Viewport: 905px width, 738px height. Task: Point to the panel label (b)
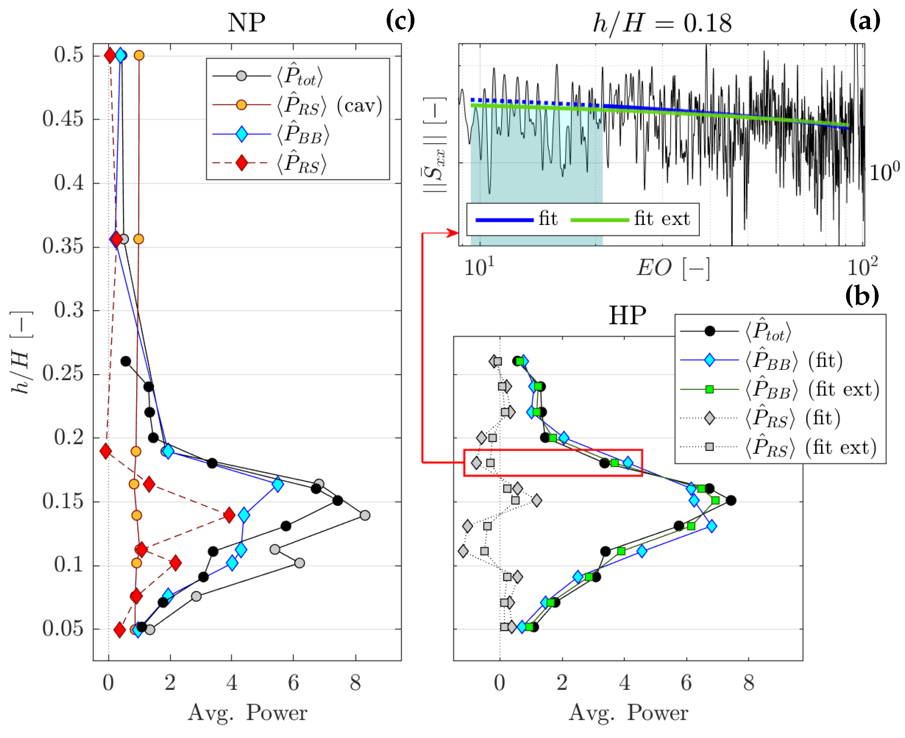tap(862, 295)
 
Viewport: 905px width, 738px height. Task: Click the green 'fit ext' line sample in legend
tap(599, 220)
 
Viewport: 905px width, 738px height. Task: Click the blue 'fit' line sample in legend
tap(504, 220)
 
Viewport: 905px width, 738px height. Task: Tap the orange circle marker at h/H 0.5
tap(139, 55)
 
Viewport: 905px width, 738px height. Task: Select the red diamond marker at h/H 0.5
tap(110, 55)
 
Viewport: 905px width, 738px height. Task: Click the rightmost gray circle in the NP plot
tap(364, 515)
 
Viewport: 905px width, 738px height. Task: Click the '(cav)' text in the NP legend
tap(359, 106)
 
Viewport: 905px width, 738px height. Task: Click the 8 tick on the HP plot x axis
tap(749, 683)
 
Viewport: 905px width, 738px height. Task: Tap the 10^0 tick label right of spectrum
tap(884, 172)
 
